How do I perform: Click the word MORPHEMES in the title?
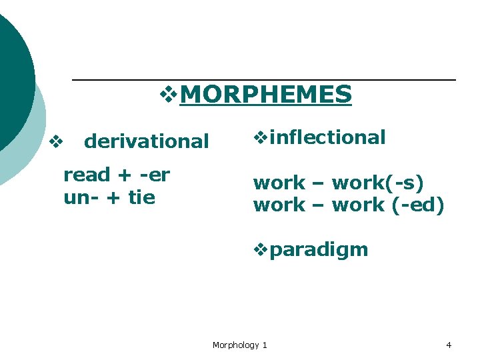(265, 95)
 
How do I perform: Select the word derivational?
(147, 141)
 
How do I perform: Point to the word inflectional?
(328, 137)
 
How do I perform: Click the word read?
(86, 175)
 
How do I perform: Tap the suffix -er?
(154, 175)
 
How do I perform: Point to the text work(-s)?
(377, 183)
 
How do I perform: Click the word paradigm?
(319, 250)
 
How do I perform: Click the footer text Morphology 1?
(239, 345)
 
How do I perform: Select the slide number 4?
(449, 345)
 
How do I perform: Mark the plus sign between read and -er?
(123, 176)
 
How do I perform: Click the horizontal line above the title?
(263, 80)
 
